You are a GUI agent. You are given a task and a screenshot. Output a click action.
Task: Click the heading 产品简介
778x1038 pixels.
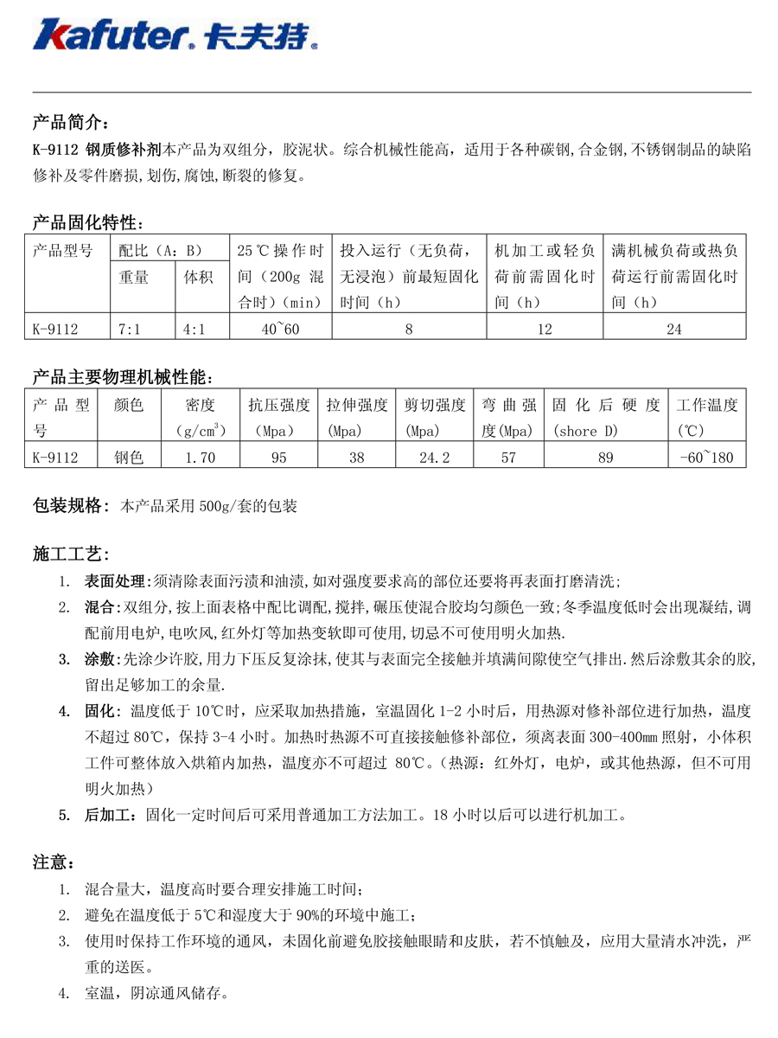tap(70, 120)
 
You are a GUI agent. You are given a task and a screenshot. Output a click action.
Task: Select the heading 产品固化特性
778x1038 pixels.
tap(86, 222)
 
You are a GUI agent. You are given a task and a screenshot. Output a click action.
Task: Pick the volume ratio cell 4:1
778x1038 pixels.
tap(194, 329)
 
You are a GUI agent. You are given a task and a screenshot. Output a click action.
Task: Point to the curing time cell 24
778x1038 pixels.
tap(674, 329)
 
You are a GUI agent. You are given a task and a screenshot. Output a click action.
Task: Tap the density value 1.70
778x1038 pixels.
tap(201, 458)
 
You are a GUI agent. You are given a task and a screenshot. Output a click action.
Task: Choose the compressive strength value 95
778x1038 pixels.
tap(278, 458)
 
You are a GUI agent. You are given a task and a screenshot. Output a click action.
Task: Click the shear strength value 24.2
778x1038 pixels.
tap(434, 458)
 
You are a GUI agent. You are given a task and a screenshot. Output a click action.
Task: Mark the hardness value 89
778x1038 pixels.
tap(605, 458)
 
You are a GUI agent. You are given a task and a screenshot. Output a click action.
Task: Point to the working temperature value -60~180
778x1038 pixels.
tap(708, 458)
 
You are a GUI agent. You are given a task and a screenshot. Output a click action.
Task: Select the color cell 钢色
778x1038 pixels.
tap(129, 458)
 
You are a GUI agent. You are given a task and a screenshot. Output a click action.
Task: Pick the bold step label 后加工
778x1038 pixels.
tap(106, 814)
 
